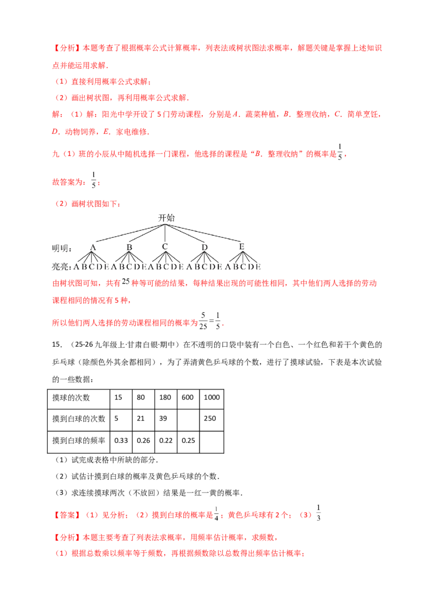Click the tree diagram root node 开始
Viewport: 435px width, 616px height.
coord(166,218)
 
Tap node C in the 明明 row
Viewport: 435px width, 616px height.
coord(165,247)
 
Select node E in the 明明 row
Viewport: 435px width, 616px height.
coord(241,247)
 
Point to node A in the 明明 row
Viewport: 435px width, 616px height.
coord(93,248)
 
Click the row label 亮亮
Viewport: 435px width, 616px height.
coord(61,267)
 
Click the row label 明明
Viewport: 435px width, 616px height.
coord(61,248)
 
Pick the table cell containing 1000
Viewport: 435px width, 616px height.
coord(212,397)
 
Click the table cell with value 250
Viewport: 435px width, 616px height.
coord(212,418)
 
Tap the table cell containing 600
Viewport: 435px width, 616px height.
coord(188,397)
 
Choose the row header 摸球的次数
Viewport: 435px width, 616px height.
coord(71,398)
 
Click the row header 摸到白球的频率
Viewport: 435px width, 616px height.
coord(78,441)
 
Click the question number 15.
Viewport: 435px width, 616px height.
coord(57,344)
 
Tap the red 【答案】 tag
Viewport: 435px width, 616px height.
coord(67,515)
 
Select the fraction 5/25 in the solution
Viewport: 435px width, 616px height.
coord(203,321)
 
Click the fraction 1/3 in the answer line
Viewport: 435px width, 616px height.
coord(319,513)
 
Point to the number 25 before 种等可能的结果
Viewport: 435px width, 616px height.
coord(126,282)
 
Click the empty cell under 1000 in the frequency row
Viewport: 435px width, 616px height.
coord(212,442)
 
